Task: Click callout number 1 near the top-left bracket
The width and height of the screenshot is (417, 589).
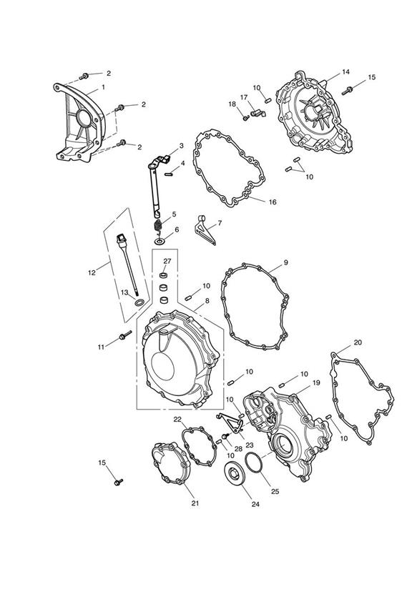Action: tap(103, 87)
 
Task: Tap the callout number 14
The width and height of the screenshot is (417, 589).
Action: tap(345, 71)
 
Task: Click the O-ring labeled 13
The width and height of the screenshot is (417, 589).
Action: tap(138, 303)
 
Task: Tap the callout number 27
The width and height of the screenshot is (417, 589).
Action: tap(167, 261)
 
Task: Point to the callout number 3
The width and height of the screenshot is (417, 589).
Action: tap(181, 146)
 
